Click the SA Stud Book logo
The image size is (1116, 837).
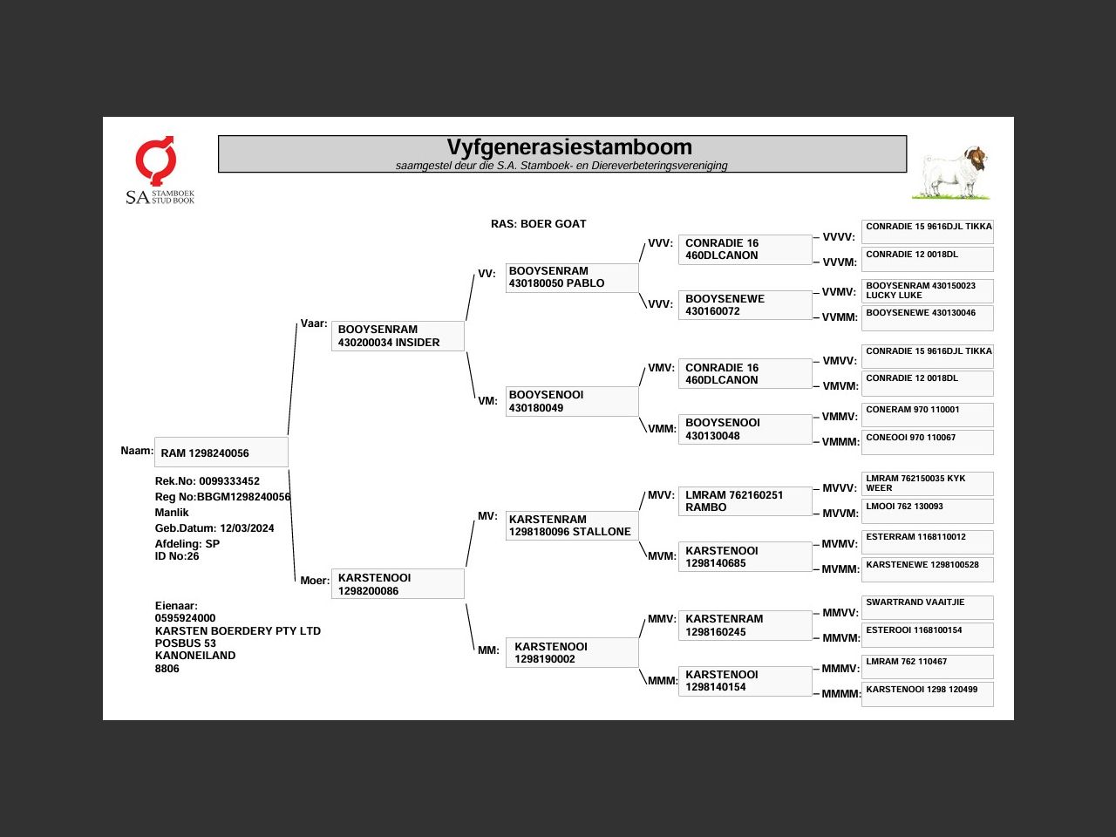(x=159, y=171)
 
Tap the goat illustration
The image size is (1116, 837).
(x=954, y=172)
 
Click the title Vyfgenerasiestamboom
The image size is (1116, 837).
(x=569, y=147)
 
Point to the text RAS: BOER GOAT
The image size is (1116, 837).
(x=538, y=224)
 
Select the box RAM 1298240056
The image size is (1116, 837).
(x=221, y=453)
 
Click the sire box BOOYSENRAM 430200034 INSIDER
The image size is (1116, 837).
(x=398, y=336)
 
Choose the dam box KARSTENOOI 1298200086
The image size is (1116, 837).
(x=398, y=584)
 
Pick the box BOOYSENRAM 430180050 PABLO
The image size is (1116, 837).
(x=572, y=277)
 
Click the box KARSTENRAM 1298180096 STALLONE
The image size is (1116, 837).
(x=572, y=526)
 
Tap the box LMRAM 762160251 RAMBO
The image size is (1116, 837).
(x=745, y=501)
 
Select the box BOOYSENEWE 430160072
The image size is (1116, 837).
(x=745, y=305)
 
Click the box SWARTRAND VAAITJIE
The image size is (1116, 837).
(x=927, y=607)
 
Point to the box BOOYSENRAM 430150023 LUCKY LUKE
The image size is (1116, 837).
(x=927, y=290)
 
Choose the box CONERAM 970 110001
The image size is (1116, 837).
(x=927, y=414)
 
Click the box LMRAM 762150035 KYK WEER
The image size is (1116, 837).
(x=927, y=483)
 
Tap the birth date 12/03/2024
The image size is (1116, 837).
(x=247, y=528)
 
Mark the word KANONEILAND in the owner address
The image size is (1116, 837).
(x=195, y=656)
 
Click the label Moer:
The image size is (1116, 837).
(x=315, y=581)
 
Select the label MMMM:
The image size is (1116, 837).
(x=840, y=694)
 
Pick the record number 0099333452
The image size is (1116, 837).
(x=229, y=481)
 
